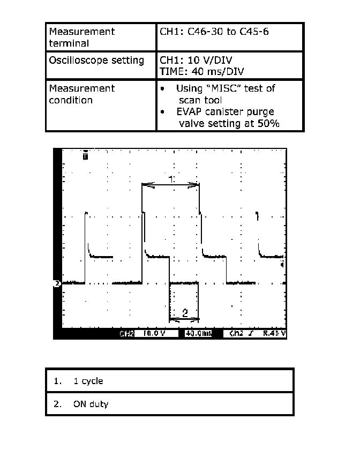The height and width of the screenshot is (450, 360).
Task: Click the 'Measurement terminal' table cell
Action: [81, 37]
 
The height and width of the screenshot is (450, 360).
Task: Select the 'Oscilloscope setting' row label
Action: [96, 61]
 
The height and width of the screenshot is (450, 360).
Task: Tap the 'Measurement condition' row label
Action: [81, 94]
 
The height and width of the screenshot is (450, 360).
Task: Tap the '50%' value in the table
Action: [266, 123]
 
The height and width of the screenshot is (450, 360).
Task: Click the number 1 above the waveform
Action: [171, 179]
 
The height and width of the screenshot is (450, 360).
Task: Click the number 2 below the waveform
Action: [185, 313]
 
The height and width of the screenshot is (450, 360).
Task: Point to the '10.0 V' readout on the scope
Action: [151, 334]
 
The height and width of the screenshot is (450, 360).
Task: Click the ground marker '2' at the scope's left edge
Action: [56, 283]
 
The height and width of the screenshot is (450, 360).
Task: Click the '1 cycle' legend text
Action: [88, 381]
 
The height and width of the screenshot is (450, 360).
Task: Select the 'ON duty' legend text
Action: [91, 404]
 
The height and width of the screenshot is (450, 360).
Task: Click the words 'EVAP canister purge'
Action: [225, 111]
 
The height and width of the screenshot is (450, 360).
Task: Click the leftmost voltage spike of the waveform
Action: [85, 214]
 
